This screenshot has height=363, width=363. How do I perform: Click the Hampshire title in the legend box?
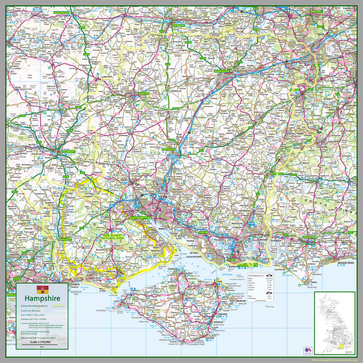41,298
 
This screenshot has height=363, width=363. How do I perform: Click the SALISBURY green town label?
63,152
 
